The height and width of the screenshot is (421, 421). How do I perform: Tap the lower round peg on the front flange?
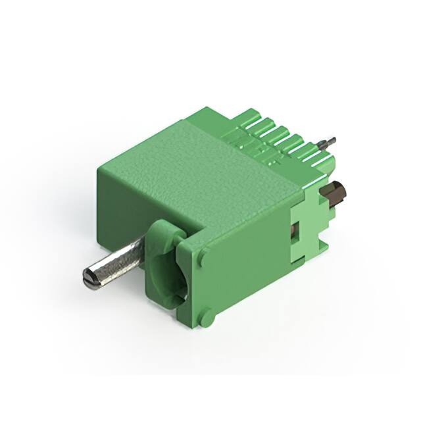click(x=207, y=318)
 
